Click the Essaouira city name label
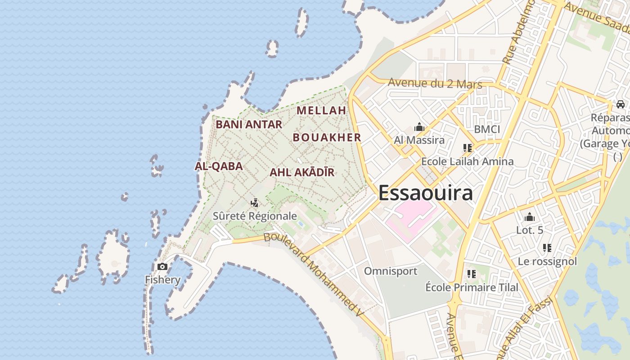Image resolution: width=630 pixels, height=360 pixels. click(425, 193)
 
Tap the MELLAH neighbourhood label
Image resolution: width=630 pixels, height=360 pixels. click(321, 110)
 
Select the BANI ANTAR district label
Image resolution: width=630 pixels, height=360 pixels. click(249, 124)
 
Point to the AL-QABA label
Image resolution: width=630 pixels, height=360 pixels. click(219, 166)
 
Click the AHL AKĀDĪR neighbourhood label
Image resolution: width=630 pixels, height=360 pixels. click(302, 172)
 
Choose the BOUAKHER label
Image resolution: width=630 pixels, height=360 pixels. click(327, 138)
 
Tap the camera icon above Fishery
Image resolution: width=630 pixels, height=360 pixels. click(162, 267)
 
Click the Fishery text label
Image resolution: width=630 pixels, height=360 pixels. click(162, 279)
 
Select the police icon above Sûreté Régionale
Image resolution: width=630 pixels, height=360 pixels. click(255, 203)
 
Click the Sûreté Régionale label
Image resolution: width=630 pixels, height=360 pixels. click(255, 216)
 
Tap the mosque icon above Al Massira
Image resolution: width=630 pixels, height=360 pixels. click(419, 127)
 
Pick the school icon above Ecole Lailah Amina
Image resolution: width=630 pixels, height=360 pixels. click(467, 148)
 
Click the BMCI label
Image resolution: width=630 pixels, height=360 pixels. click(487, 130)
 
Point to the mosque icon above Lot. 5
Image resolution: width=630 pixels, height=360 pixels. click(530, 217)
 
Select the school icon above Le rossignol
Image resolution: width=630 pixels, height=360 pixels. click(547, 248)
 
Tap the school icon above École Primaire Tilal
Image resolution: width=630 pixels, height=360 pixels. click(472, 274)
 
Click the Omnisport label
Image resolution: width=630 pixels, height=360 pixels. click(391, 271)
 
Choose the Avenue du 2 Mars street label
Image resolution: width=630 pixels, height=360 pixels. click(435, 84)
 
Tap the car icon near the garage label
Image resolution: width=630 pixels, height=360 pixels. click(621, 104)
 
